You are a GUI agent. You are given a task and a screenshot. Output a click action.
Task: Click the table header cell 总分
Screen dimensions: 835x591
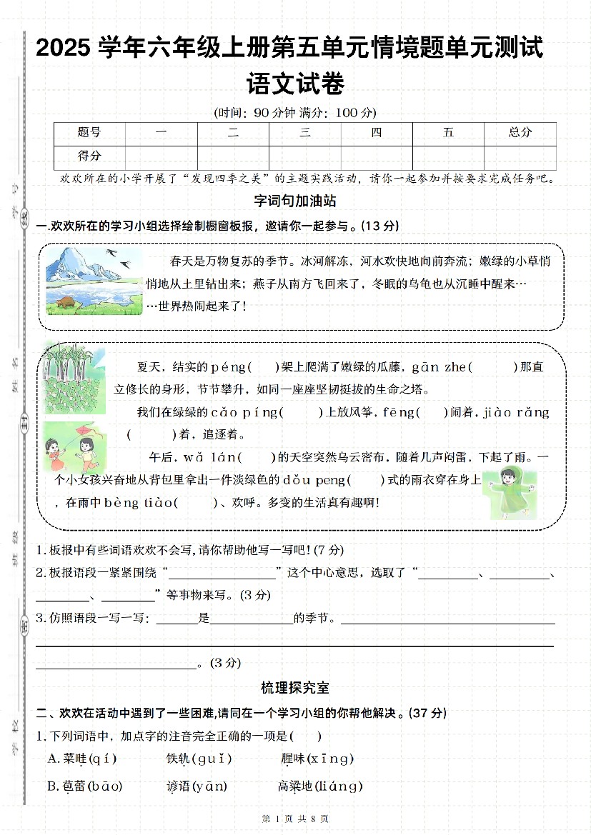click(x=520, y=132)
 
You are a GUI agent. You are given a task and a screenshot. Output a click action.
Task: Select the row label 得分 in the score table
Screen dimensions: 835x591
click(x=89, y=156)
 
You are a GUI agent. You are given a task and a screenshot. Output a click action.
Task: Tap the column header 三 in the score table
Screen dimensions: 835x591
click(x=305, y=132)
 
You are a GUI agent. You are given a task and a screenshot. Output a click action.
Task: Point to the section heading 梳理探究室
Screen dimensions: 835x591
click(x=295, y=688)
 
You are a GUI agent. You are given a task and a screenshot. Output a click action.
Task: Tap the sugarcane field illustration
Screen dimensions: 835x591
click(x=74, y=378)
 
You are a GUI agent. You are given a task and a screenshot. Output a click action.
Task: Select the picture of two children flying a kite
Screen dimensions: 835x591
click(x=69, y=446)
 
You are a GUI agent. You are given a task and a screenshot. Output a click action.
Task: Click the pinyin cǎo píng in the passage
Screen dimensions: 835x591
click(x=237, y=412)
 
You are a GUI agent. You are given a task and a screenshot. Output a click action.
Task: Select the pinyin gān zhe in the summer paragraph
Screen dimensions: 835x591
click(x=439, y=367)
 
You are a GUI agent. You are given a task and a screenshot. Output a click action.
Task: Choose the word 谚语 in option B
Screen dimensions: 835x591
click(x=178, y=786)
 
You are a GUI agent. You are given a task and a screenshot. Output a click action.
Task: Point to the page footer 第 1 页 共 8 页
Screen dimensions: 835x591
click(x=295, y=819)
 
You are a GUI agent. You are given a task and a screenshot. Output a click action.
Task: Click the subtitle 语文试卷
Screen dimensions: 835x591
click(x=295, y=84)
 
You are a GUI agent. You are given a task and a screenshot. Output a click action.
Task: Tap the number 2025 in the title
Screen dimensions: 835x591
click(x=64, y=49)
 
